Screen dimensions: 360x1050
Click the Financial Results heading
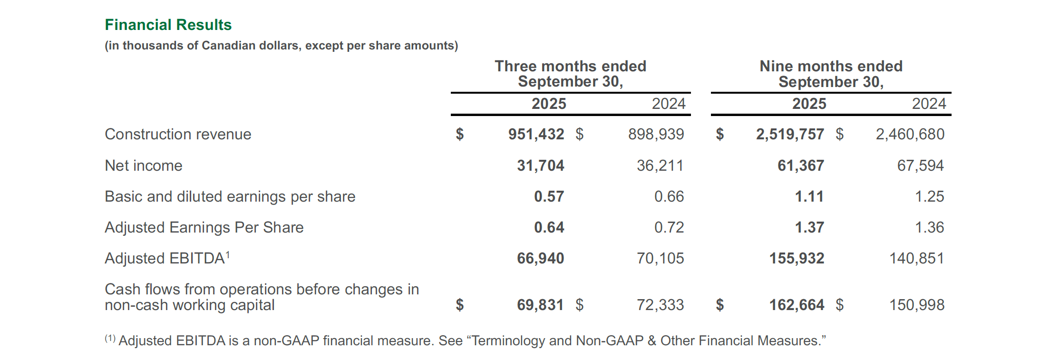pos(168,25)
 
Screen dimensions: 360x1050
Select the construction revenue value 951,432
pos(536,134)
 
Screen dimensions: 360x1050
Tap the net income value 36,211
pos(660,165)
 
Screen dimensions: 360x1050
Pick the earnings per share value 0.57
pos(549,196)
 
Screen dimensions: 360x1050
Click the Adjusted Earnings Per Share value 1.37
pos(809,227)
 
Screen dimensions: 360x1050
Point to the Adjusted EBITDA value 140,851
pos(916,258)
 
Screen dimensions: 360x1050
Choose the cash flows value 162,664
pos(797,305)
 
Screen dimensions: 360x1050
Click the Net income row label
pos(143,165)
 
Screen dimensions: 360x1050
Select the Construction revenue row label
pos(178,134)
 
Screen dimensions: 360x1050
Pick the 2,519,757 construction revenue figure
pos(790,134)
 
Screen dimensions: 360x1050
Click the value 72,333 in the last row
pos(660,305)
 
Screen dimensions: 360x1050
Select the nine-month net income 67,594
pos(920,165)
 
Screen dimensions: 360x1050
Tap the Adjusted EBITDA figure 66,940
pos(540,258)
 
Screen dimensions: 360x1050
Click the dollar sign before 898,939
pos(579,134)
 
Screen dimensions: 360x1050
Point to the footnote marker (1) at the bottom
pos(110,339)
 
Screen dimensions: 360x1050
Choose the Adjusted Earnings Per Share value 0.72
pos(669,227)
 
